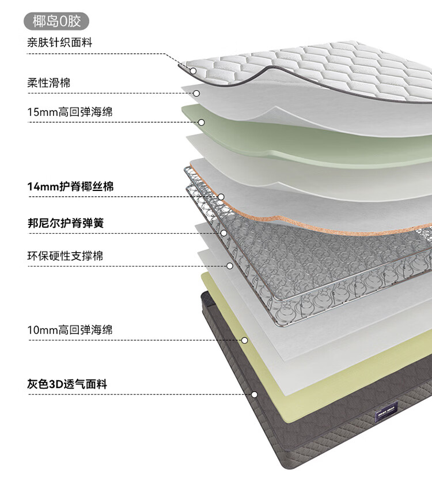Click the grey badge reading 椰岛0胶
pyautogui.click(x=56, y=21)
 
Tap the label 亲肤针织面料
pyautogui.click(x=60, y=42)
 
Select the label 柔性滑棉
pyautogui.click(x=49, y=82)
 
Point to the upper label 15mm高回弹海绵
pyautogui.click(x=70, y=112)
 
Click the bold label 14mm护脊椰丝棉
pyautogui.click(x=71, y=186)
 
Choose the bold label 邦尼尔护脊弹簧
pyautogui.click(x=66, y=223)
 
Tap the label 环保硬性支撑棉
pyautogui.click(x=65, y=256)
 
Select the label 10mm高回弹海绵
pyautogui.click(x=70, y=329)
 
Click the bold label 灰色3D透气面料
pyautogui.click(x=67, y=384)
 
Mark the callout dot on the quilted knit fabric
pyautogui.click(x=193, y=71)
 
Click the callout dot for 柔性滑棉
pyautogui.click(x=196, y=93)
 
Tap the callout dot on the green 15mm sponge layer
pyautogui.click(x=201, y=122)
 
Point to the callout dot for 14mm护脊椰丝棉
pyautogui.click(x=221, y=197)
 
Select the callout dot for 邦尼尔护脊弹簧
pyautogui.click(x=224, y=233)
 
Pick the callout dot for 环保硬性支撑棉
pyautogui.click(x=230, y=266)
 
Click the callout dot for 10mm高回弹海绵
pyautogui.click(x=244, y=340)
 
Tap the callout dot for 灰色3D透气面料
pyautogui.click(x=254, y=395)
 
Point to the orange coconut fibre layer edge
pyautogui.click(x=308, y=223)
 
